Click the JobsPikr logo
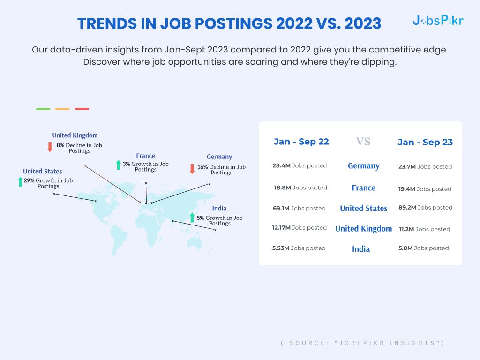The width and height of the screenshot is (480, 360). click(x=438, y=21)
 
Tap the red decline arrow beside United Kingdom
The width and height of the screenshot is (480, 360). click(x=50, y=147)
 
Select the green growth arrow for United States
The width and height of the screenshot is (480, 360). click(x=20, y=181)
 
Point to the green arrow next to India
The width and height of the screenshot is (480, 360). click(x=192, y=217)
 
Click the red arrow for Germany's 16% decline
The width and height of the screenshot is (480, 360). click(x=192, y=169)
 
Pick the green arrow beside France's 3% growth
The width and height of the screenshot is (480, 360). click(x=119, y=165)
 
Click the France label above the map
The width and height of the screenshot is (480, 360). click(x=145, y=156)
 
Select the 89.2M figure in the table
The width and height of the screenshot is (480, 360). click(x=407, y=208)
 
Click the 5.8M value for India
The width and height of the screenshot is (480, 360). click(x=405, y=248)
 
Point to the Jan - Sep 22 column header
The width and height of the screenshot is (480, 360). click(x=301, y=142)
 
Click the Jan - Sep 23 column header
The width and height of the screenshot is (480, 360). click(x=425, y=142)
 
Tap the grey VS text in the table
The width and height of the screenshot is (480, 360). click(x=363, y=142)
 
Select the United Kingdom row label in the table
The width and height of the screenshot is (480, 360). click(x=364, y=229)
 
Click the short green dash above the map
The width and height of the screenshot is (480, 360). click(x=43, y=109)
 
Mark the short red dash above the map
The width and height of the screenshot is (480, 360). click(x=82, y=109)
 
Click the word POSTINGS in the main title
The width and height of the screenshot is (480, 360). click(x=234, y=23)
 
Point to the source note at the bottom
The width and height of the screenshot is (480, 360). click(x=363, y=343)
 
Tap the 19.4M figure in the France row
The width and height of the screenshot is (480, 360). click(x=407, y=189)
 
